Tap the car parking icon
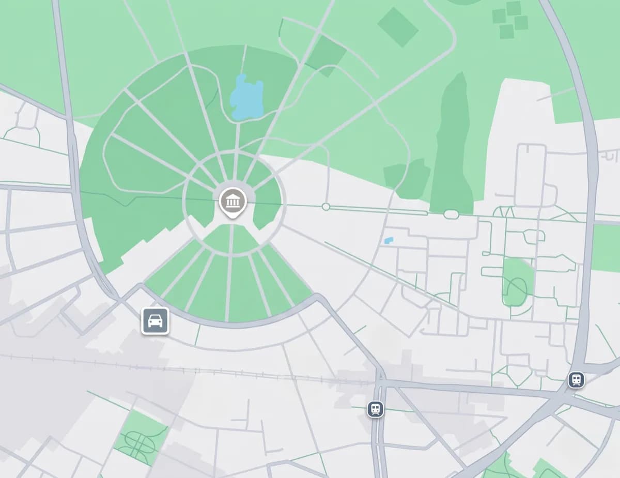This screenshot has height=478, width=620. tap(156, 321)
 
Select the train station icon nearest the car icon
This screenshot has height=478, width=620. tap(376, 409)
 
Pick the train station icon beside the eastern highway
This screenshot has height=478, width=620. tap(576, 380)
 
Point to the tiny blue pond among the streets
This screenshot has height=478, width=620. tap(389, 240)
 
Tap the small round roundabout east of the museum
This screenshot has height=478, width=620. tap(326, 207)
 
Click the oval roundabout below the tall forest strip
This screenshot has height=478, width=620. tap(451, 214)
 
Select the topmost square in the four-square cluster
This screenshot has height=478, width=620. tap(513, 8)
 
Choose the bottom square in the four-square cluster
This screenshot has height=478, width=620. tap(507, 32)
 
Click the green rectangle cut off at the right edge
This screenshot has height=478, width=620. tap(607, 248)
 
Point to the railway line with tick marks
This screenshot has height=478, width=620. tap(207, 369)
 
